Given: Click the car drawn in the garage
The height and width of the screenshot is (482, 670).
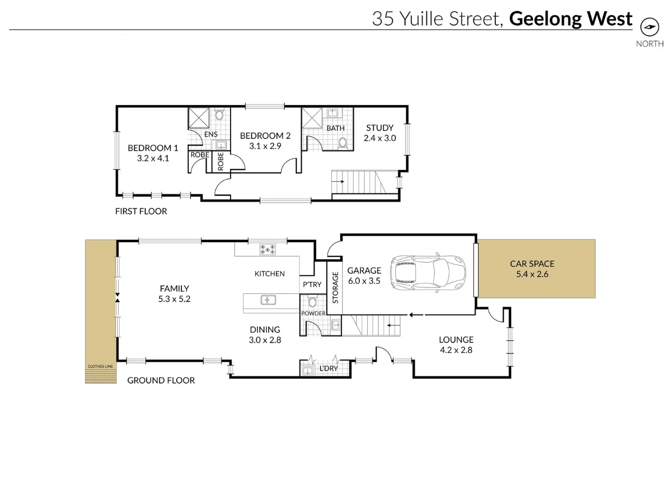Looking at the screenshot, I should (428, 272).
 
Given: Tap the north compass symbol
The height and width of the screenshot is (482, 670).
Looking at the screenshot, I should (649, 27).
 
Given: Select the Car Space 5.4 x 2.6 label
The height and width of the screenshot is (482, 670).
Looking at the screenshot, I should (532, 268).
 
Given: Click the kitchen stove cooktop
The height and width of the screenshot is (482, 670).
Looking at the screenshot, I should (267, 249).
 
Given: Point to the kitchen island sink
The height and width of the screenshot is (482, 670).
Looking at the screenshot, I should (269, 300).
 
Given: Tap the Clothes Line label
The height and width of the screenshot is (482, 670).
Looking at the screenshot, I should (100, 366).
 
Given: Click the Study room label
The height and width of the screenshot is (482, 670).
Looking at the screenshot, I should (379, 128).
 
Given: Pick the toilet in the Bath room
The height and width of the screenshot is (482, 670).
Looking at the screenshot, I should (342, 142).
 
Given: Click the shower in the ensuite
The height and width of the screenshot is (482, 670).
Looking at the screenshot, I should (198, 118).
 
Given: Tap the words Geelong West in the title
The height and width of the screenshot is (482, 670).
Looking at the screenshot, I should (570, 18).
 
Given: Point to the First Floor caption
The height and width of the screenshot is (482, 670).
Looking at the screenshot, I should (141, 211).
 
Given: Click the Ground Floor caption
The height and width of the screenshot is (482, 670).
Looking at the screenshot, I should (161, 380).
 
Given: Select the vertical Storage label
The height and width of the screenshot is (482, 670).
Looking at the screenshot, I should (334, 287).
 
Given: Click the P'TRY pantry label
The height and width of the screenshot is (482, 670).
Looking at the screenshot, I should (312, 285).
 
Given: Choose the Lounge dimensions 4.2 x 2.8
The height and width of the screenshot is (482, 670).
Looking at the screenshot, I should (456, 350).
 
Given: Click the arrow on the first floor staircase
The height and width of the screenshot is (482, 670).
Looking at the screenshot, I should (338, 181).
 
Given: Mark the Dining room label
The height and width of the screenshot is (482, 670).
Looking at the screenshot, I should (265, 330).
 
